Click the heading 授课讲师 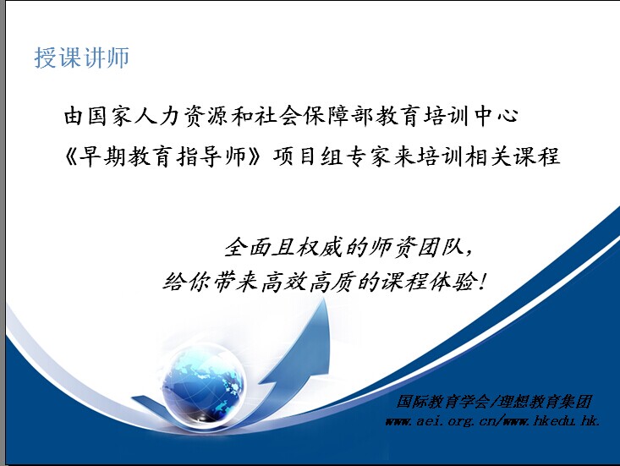click(82, 58)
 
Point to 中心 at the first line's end click(497, 116)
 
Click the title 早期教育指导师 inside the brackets click(163, 156)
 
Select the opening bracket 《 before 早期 click(71, 157)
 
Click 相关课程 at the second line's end click(513, 156)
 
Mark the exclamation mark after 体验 click(481, 282)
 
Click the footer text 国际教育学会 click(442, 402)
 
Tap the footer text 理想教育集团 click(545, 402)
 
